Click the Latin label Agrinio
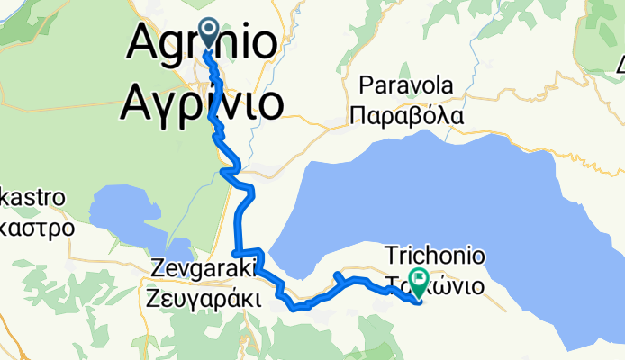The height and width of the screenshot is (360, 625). tap(202, 42)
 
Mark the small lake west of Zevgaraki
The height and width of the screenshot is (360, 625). tap(135, 220)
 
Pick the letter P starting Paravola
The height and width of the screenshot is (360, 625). tap(366, 86)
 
